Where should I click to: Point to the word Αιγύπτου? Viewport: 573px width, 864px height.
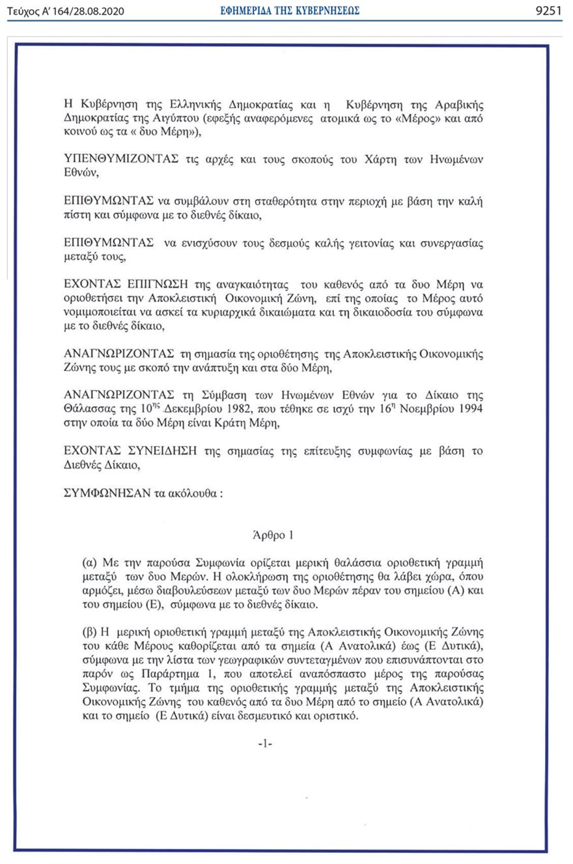click(195, 118)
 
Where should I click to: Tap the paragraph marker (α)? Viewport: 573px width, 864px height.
click(90, 561)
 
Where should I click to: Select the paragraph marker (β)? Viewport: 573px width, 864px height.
click(90, 632)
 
